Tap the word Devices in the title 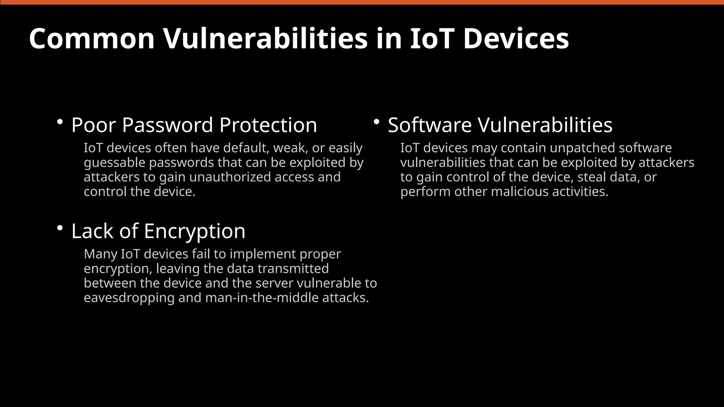pyautogui.click(x=516, y=39)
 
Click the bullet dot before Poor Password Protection pyautogui.click(x=60, y=122)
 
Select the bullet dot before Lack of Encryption pyautogui.click(x=60, y=228)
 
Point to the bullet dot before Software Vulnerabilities pyautogui.click(x=376, y=122)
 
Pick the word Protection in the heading pyautogui.click(x=268, y=125)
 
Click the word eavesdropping pyautogui.click(x=129, y=298)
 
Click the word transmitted pyautogui.click(x=293, y=269)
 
